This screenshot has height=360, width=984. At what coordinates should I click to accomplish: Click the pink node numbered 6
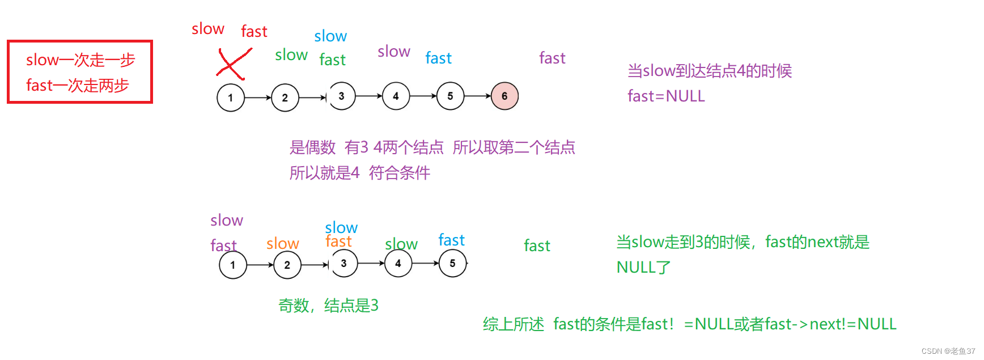pyautogui.click(x=504, y=96)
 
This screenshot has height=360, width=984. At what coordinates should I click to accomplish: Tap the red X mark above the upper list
pyautogui.click(x=233, y=63)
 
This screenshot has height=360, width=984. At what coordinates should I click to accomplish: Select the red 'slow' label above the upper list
pyautogui.click(x=208, y=29)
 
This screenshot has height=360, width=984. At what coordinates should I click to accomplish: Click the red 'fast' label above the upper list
pyautogui.click(x=254, y=32)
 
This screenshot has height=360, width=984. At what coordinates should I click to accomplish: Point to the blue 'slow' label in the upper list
pyautogui.click(x=330, y=36)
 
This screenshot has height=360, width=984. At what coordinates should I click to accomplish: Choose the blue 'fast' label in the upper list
pyautogui.click(x=438, y=58)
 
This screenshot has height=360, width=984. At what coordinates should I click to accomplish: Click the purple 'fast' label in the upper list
pyautogui.click(x=552, y=58)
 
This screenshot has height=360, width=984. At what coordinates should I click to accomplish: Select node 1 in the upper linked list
pyautogui.click(x=231, y=98)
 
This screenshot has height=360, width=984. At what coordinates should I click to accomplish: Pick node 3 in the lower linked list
pyautogui.click(x=343, y=264)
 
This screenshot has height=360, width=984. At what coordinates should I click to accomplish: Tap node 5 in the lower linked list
pyautogui.click(x=452, y=264)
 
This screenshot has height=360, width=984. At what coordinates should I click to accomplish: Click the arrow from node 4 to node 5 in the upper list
pyautogui.click(x=423, y=96)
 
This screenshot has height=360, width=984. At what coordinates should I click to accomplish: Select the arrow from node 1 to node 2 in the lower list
pyautogui.click(x=260, y=265)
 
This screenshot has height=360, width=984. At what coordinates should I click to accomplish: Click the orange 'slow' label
pyautogui.click(x=282, y=244)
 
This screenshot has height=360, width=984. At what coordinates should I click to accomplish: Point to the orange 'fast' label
pyautogui.click(x=338, y=242)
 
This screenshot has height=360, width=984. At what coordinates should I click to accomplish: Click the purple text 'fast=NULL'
pyautogui.click(x=666, y=96)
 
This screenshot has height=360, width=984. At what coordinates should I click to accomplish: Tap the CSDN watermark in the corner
pyautogui.click(x=948, y=351)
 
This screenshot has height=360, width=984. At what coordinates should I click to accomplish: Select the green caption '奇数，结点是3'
pyautogui.click(x=328, y=306)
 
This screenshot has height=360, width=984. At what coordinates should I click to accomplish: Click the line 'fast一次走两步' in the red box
pyautogui.click(x=78, y=86)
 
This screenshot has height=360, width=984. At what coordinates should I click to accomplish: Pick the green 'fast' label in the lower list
pyautogui.click(x=537, y=246)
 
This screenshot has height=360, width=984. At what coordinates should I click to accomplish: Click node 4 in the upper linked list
pyautogui.click(x=396, y=96)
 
